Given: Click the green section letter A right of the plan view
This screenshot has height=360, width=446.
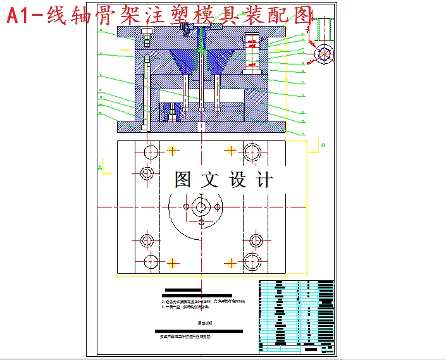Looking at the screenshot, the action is (323, 146).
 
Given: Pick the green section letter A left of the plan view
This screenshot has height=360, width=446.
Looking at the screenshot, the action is (100, 168).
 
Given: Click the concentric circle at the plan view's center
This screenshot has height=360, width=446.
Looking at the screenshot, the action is (202, 206).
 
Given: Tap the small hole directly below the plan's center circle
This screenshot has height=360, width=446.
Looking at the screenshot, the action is (202, 222).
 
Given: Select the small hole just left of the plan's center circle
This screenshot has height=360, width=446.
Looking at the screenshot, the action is (185, 206).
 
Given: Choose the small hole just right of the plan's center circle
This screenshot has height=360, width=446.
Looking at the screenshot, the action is (218, 206).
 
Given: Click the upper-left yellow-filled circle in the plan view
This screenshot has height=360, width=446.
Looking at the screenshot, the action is (171, 151).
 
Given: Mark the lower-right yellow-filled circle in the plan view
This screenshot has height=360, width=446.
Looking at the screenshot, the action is (230, 261).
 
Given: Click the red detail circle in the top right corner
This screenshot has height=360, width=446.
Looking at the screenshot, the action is (324, 54).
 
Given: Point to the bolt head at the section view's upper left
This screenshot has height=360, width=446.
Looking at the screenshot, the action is (147, 34).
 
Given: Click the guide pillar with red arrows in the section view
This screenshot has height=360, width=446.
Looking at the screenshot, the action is (253, 53).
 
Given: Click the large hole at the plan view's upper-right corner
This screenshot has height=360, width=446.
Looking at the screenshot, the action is (252, 151).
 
